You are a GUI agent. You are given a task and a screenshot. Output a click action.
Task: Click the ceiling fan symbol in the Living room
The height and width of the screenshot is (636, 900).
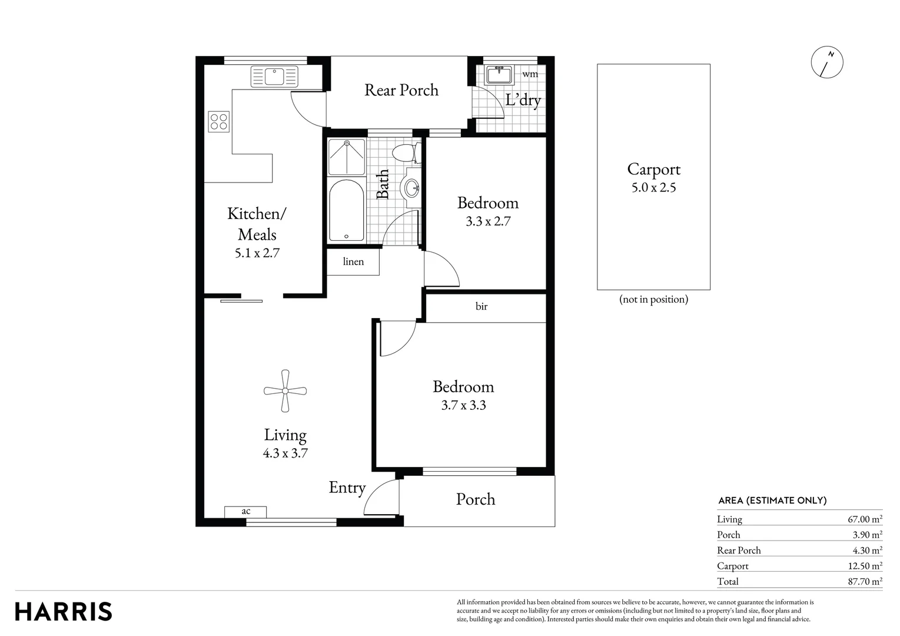(x=285, y=390)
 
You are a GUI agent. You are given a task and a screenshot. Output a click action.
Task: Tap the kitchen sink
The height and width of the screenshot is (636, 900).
(x=274, y=77)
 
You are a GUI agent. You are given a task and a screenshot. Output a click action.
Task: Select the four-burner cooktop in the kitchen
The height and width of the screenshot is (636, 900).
(x=218, y=121)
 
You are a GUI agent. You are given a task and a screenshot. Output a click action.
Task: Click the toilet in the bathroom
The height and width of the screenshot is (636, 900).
(x=404, y=153)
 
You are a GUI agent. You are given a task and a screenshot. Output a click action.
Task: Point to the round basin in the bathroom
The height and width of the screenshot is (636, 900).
(x=411, y=189)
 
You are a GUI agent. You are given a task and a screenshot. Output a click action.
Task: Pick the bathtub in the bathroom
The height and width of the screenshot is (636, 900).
(x=346, y=210)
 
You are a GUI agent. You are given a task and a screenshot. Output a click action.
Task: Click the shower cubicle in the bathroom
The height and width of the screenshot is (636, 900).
(x=346, y=157)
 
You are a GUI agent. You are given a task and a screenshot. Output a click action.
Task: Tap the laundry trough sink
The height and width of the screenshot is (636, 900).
(x=500, y=75)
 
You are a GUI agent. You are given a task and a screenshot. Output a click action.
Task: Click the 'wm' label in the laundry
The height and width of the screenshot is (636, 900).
(x=530, y=74)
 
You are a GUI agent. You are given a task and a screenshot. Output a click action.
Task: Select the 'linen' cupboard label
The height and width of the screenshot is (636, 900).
(x=353, y=261)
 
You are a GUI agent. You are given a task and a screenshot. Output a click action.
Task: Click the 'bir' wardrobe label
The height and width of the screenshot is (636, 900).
(x=481, y=306)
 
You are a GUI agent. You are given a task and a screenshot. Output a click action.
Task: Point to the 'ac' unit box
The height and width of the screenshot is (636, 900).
(x=245, y=512)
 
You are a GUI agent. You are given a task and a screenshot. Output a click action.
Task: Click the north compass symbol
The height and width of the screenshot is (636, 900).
(x=827, y=62)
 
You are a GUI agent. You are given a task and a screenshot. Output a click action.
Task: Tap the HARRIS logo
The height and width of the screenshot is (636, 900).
(x=64, y=611)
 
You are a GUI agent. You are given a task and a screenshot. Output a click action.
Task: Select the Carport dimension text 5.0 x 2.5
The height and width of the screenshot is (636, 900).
(x=653, y=188)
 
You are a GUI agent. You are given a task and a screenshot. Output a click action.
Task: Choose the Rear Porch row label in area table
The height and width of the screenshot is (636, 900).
(x=739, y=550)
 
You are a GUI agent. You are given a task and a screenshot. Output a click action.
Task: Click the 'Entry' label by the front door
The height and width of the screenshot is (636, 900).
(x=347, y=488)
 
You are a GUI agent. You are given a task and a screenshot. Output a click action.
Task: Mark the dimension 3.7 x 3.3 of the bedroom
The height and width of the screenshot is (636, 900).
(x=463, y=405)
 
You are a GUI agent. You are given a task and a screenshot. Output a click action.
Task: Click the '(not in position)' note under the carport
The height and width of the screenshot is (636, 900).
(x=653, y=299)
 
